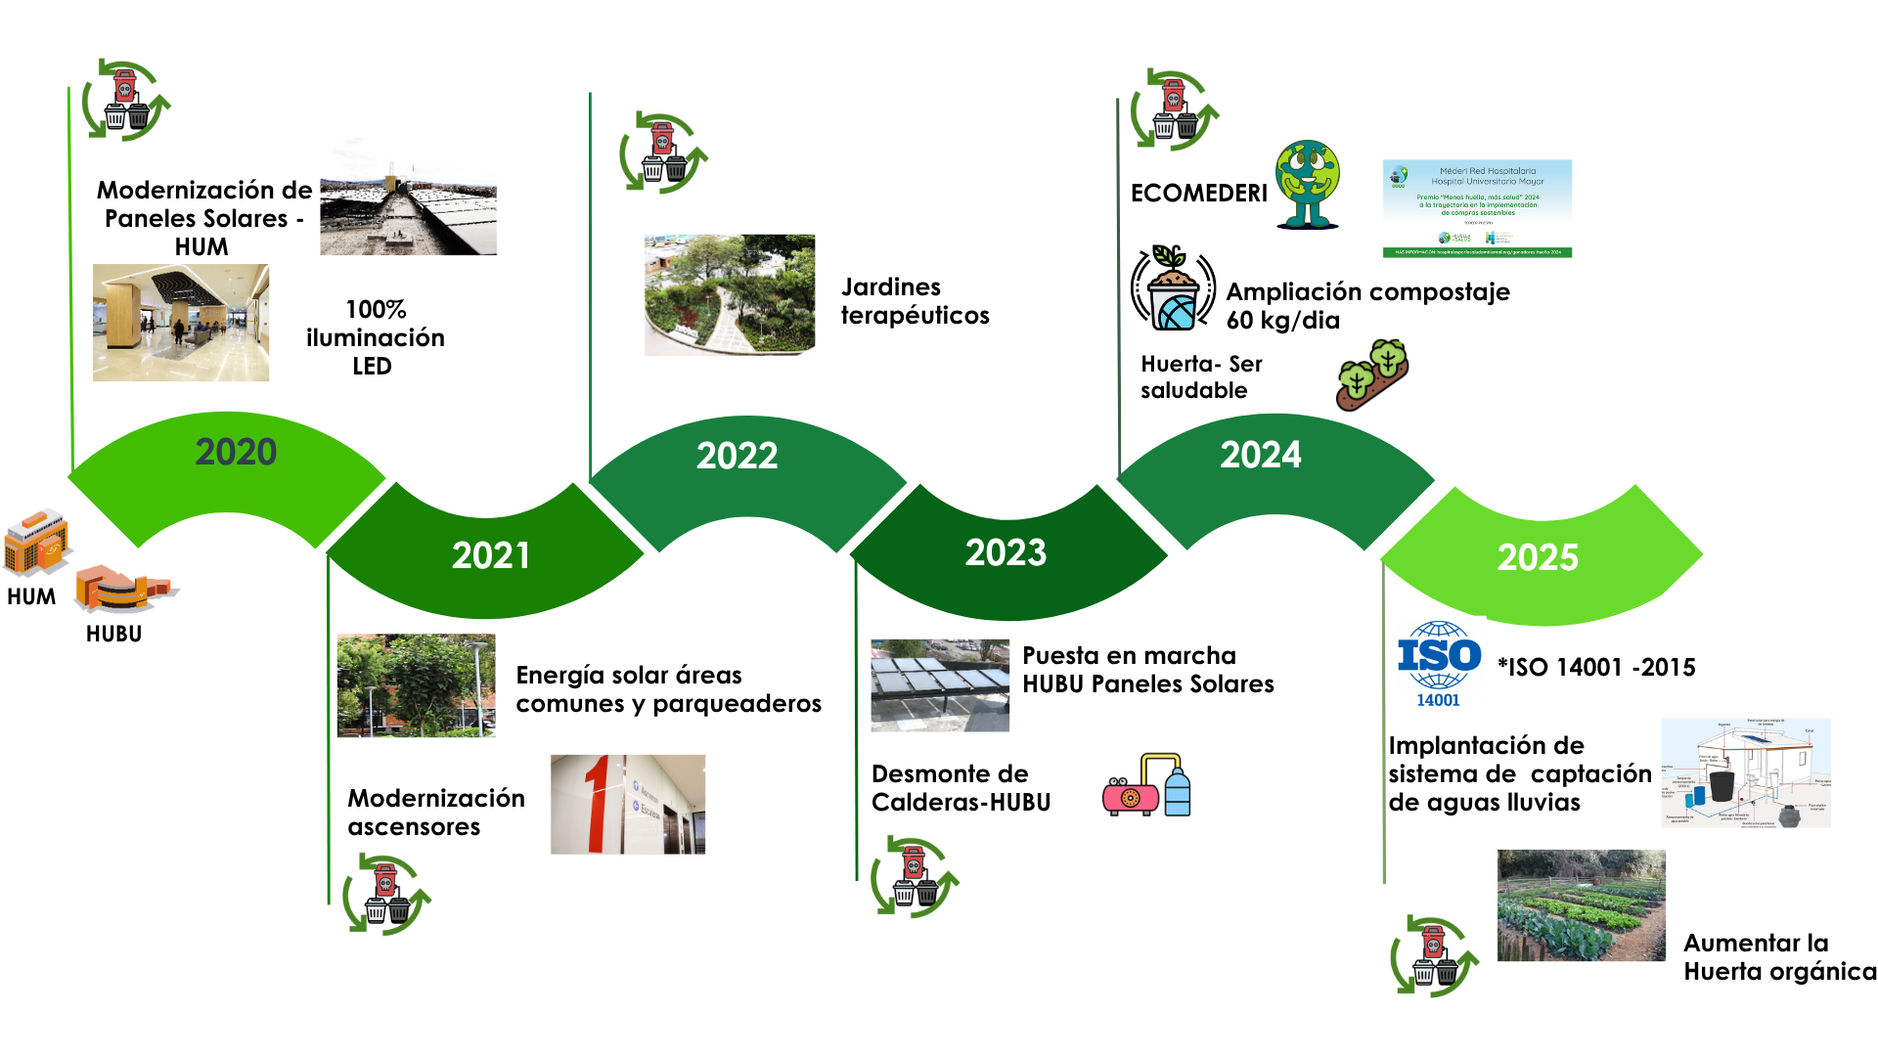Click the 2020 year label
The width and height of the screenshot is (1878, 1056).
(236, 452)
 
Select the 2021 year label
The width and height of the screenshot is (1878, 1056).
(491, 555)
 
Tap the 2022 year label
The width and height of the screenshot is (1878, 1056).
(737, 456)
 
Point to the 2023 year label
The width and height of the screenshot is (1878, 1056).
(1006, 552)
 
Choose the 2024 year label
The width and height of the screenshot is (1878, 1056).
(1261, 455)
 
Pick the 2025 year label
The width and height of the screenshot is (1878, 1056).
(1538, 557)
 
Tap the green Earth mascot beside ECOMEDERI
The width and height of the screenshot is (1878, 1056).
(1307, 185)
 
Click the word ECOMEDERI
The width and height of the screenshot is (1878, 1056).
(1198, 193)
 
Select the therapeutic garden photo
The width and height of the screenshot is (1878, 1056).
(730, 294)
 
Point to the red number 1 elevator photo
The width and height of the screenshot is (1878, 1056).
(627, 804)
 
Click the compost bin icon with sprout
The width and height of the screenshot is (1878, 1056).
(1173, 289)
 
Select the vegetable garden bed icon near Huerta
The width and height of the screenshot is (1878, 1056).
(1372, 374)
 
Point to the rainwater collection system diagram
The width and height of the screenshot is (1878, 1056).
(1746, 772)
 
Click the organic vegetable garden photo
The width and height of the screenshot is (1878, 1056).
(1581, 904)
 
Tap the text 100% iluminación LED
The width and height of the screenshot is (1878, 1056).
(375, 337)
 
